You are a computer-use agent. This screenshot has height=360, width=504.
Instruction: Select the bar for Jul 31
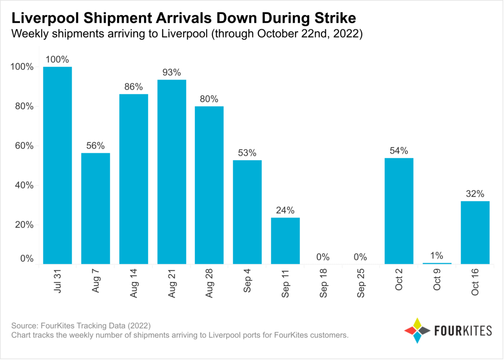click(57, 166)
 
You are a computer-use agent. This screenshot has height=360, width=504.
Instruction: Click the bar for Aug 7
click(95, 209)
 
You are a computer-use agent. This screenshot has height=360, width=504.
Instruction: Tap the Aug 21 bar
click(172, 172)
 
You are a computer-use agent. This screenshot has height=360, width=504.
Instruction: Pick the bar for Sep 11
click(285, 241)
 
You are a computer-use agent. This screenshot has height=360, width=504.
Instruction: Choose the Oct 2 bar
click(399, 211)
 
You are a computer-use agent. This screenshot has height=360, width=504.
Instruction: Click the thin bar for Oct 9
click(437, 263)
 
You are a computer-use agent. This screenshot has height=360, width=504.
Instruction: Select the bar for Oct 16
click(475, 232)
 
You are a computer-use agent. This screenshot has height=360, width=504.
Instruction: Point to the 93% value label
click(172, 72)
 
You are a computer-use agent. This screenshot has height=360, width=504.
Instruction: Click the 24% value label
click(285, 210)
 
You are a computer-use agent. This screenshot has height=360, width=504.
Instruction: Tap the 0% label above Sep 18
click(323, 257)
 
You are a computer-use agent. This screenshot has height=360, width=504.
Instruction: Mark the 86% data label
click(134, 87)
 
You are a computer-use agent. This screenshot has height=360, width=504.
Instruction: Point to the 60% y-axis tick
click(24, 146)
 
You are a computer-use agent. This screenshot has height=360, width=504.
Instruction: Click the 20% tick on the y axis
click(24, 225)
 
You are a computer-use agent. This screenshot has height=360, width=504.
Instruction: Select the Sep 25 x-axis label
click(361, 283)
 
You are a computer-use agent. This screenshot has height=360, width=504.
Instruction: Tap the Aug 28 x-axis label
click(209, 283)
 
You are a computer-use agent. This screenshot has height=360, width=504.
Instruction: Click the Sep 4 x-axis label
click(247, 281)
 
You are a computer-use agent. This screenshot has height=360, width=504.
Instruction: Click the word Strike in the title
click(335, 18)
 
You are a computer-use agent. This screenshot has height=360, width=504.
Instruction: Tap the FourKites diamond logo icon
click(417, 330)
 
